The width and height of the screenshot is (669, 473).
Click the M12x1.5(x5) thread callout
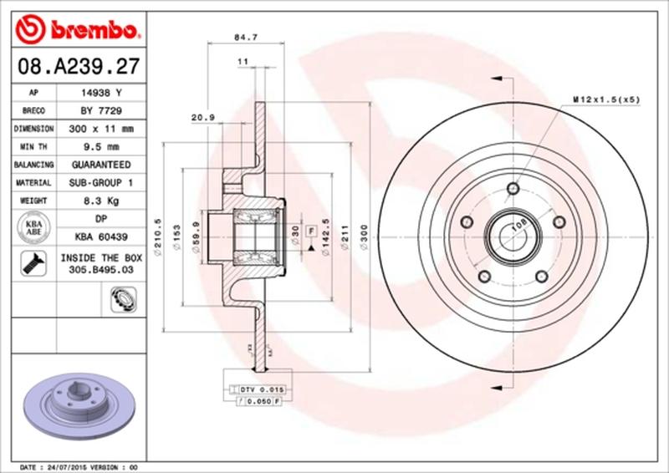coord(606,99)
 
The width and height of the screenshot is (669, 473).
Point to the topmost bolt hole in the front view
coord(512,187)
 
